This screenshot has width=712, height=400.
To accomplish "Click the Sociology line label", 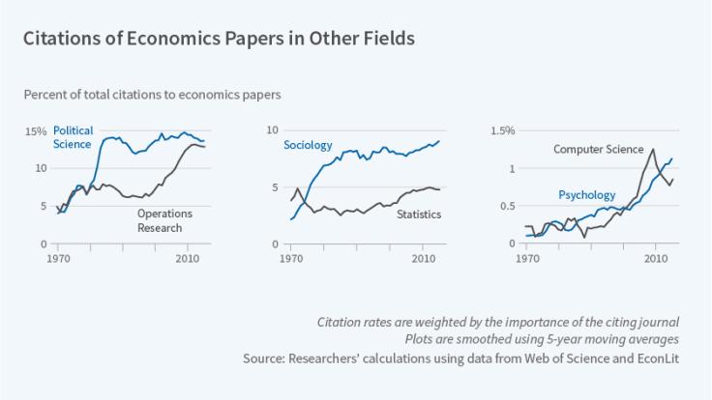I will (x=308, y=146).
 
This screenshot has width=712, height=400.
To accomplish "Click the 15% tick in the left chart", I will (x=36, y=131).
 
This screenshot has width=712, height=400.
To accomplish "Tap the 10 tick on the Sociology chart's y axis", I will (x=273, y=131).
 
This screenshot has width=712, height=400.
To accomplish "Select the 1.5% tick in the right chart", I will (x=505, y=131).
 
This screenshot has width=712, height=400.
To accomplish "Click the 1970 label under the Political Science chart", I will (x=59, y=259).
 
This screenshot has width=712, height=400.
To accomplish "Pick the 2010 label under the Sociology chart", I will (x=422, y=259).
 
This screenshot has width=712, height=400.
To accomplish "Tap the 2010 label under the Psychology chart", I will (x=655, y=259).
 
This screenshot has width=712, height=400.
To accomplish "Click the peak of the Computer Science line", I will (x=653, y=150).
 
